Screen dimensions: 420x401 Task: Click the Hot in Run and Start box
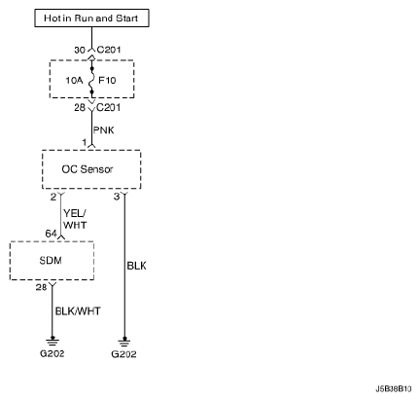(x=91, y=18)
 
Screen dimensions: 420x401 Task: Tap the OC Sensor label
(x=87, y=169)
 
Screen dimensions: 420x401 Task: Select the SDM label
(x=51, y=261)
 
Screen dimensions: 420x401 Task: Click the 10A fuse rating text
(x=74, y=80)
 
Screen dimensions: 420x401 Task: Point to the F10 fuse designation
(x=107, y=80)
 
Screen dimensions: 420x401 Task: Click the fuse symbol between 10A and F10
(x=91, y=81)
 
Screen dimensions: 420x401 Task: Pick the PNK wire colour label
(x=104, y=130)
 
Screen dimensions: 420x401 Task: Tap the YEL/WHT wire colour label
(x=75, y=219)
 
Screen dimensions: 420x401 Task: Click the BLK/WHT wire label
(x=78, y=311)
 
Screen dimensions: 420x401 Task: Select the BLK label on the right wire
(x=136, y=266)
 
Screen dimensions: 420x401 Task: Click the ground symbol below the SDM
(x=52, y=342)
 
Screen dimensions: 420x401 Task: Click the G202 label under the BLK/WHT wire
(x=52, y=353)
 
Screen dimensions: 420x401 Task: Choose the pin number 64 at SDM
(x=52, y=234)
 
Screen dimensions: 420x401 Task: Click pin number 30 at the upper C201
(x=80, y=50)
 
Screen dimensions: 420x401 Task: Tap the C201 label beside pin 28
(x=109, y=107)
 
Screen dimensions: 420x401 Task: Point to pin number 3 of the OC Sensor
(x=117, y=197)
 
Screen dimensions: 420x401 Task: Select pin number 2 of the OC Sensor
(x=53, y=197)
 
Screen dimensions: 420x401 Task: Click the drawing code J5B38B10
(x=394, y=388)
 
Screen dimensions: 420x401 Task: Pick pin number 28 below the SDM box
(x=42, y=287)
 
